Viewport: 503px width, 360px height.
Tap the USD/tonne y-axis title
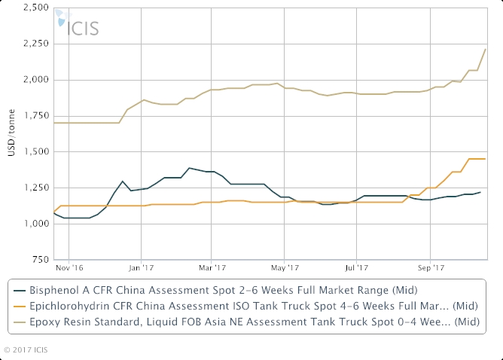pyautogui.click(x=9, y=133)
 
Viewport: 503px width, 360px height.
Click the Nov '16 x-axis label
pyautogui.click(x=69, y=266)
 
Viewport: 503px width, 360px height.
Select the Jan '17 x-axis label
pyautogui.click(x=142, y=266)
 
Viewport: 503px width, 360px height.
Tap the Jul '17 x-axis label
pyautogui.click(x=356, y=266)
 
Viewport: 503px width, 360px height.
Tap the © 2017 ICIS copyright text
pyautogui.click(x=26, y=349)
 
